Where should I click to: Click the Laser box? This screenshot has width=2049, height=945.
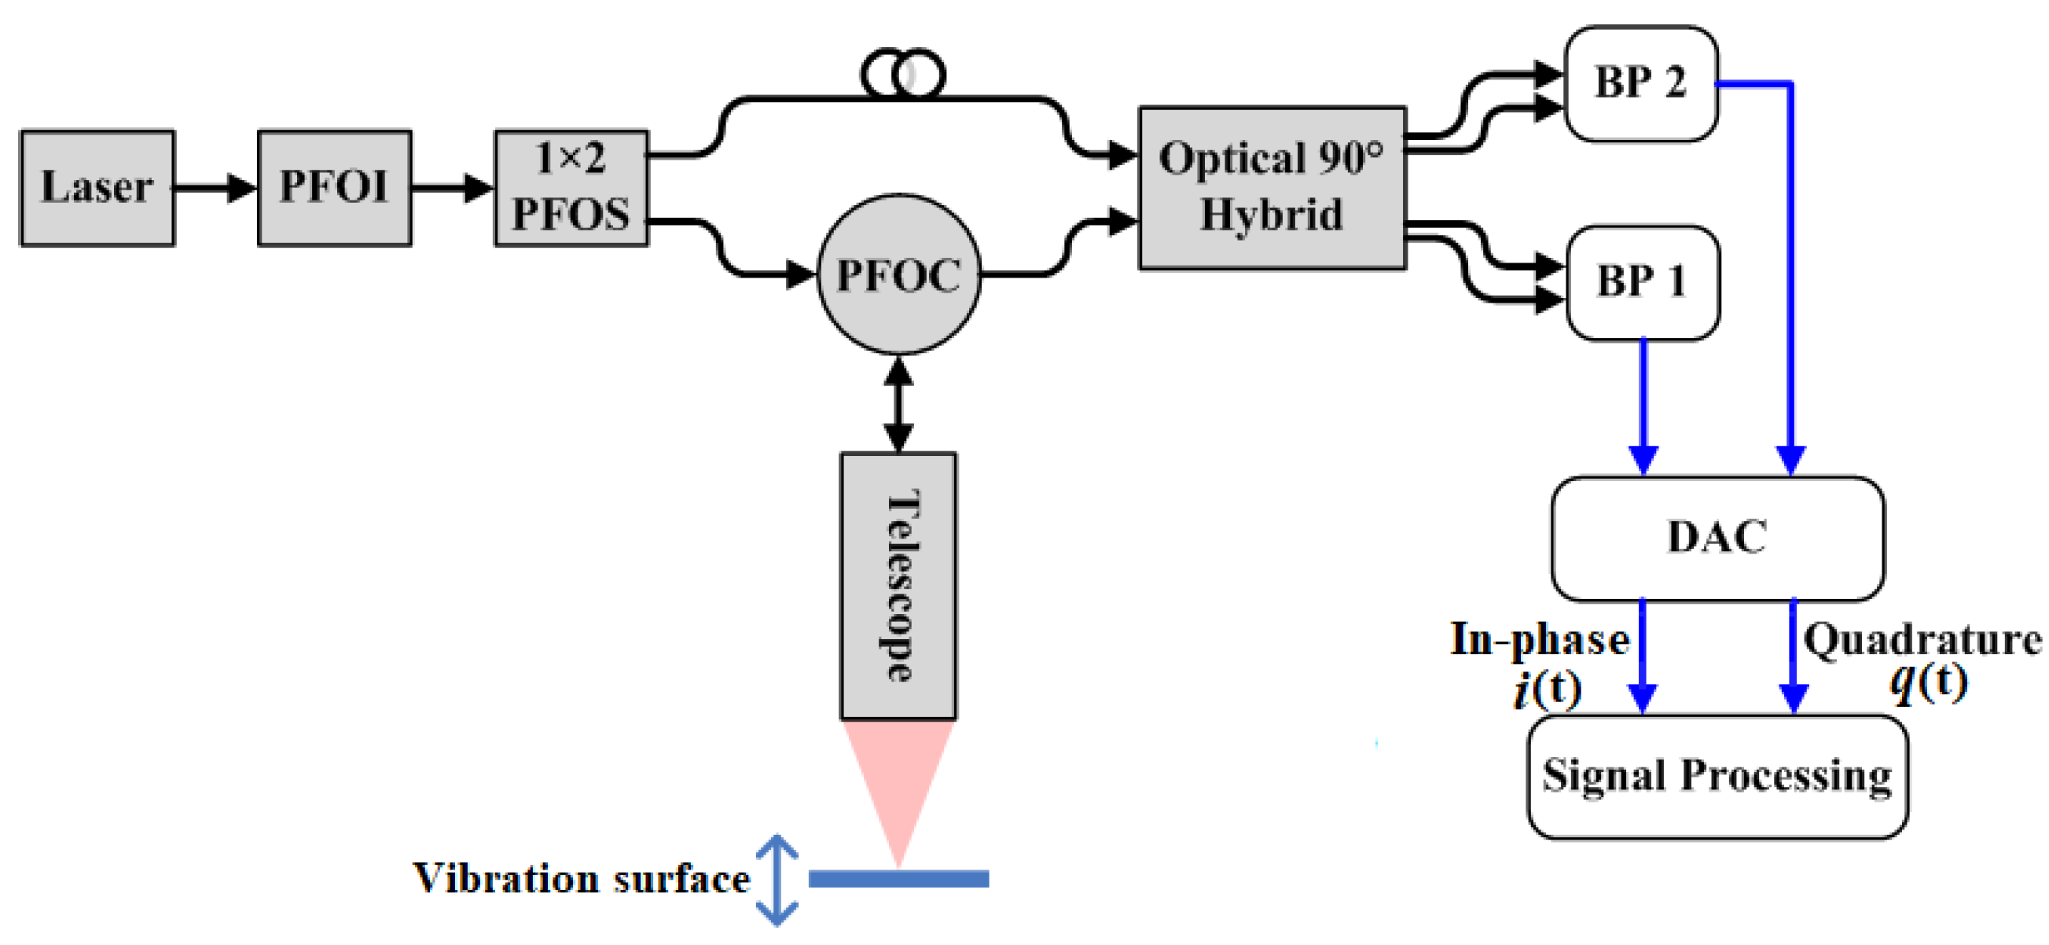pyautogui.click(x=97, y=189)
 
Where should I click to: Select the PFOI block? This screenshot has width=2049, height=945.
pyautogui.click(x=334, y=189)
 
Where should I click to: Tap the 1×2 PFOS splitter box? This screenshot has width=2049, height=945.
pyautogui.click(x=571, y=189)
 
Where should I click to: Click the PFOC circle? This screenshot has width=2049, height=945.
pyautogui.click(x=899, y=274)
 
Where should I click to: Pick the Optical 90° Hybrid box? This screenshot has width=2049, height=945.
pyautogui.click(x=1271, y=189)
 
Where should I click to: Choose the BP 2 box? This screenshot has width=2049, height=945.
pyautogui.click(x=1640, y=83)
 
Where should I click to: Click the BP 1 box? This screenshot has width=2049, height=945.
pyautogui.click(x=1642, y=283)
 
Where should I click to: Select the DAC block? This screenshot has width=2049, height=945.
pyautogui.click(x=1717, y=538)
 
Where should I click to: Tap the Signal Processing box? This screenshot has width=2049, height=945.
pyautogui.click(x=1717, y=777)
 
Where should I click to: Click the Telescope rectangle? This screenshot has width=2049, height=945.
pyautogui.click(x=899, y=586)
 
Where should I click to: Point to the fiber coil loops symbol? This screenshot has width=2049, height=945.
pyautogui.click(x=903, y=75)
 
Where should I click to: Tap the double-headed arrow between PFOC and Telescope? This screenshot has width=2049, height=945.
pyautogui.click(x=899, y=404)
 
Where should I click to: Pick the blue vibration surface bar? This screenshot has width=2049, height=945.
pyautogui.click(x=899, y=878)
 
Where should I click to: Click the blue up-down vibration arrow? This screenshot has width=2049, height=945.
pyautogui.click(x=777, y=880)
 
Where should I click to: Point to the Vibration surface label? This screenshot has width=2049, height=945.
pyautogui.click(x=581, y=880)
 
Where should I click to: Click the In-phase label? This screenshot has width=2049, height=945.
pyautogui.click(x=1539, y=639)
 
